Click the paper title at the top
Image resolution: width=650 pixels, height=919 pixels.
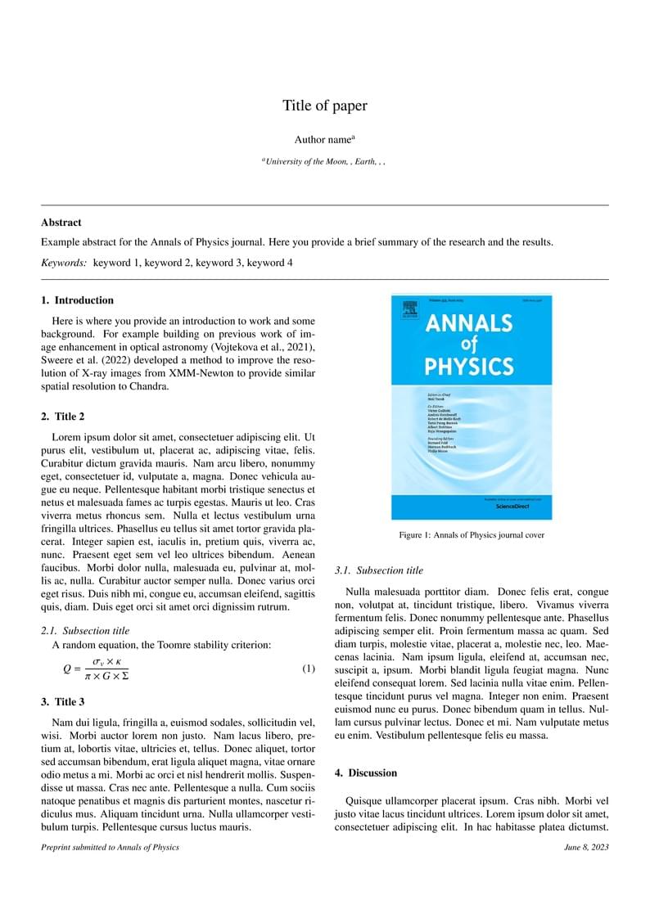pyautogui.click(x=325, y=106)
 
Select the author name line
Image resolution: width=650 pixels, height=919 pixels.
pyautogui.click(x=324, y=140)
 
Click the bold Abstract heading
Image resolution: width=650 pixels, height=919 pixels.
pyautogui.click(x=61, y=223)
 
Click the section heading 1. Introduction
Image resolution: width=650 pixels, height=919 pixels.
pyautogui.click(x=78, y=300)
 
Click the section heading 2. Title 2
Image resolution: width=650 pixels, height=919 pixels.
pyautogui.click(x=63, y=417)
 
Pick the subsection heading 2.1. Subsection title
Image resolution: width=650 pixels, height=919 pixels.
pyautogui.click(x=85, y=631)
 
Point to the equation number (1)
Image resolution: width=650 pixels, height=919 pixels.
pyautogui.click(x=309, y=669)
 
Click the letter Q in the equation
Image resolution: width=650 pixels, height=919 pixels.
pyautogui.click(x=67, y=669)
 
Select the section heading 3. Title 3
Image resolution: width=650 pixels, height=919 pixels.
pyautogui.click(x=63, y=701)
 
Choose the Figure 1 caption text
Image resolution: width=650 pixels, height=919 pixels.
pyautogui.click(x=472, y=535)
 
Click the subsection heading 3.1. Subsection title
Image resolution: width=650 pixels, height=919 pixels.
pyautogui.click(x=380, y=570)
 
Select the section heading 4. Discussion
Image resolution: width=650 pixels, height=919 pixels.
pyautogui.click(x=367, y=773)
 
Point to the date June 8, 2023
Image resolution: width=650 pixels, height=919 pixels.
pyautogui.click(x=586, y=847)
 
